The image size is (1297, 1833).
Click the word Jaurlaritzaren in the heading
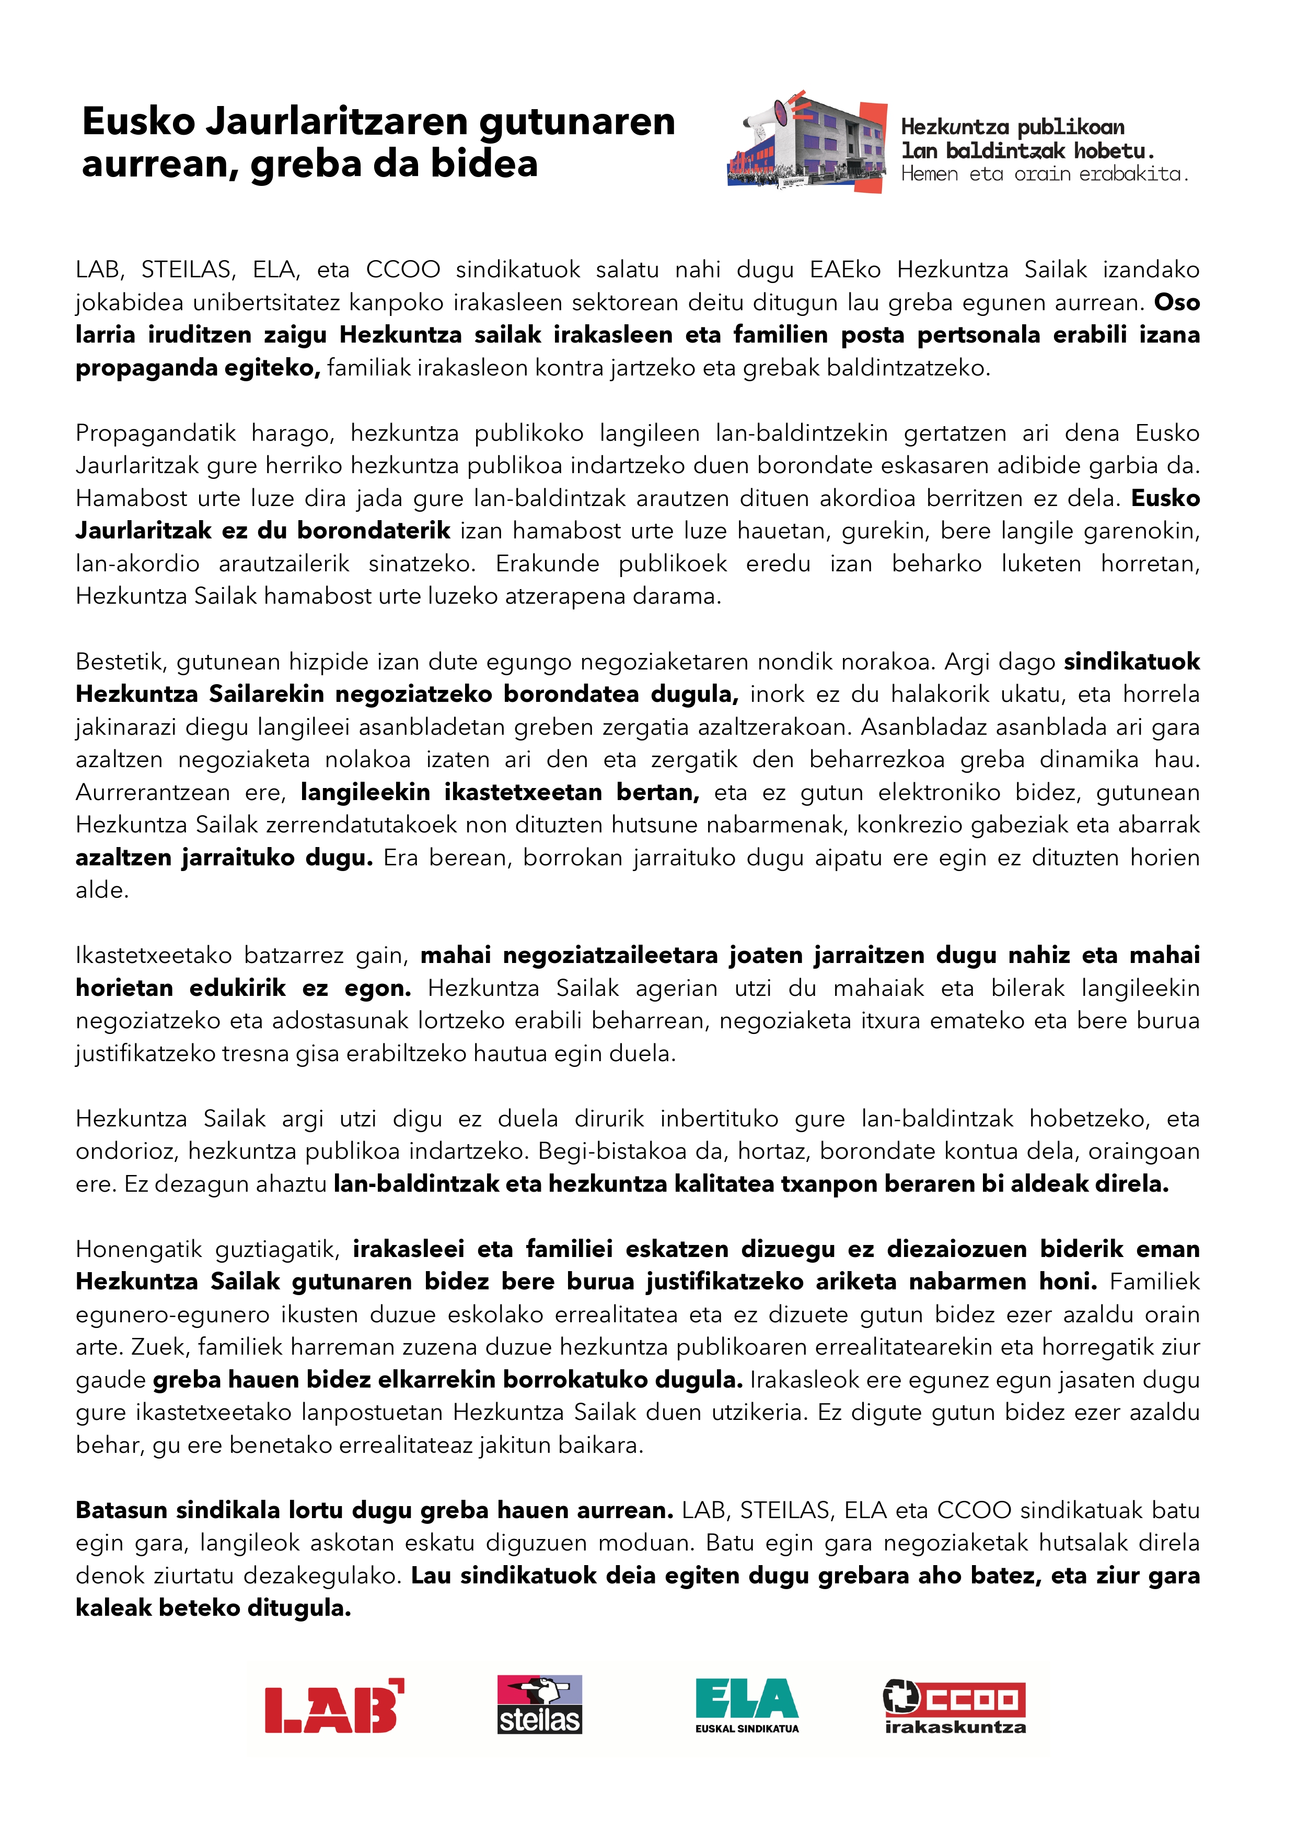point(336,122)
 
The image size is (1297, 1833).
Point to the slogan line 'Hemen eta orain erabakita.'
point(1044,174)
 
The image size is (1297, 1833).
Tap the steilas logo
point(540,1705)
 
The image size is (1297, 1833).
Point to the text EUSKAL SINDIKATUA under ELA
point(747,1729)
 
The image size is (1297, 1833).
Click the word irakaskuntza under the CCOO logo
point(955,1728)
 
